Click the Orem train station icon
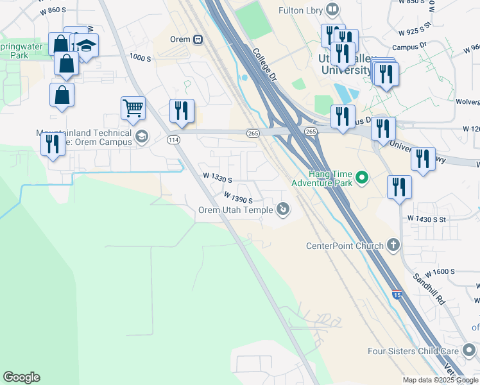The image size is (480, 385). [198, 39]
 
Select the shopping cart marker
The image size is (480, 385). [133, 109]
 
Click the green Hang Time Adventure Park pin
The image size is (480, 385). [362, 176]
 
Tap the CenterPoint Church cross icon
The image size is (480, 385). [394, 245]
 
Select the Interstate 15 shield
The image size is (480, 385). [397, 295]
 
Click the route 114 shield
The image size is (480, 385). [173, 139]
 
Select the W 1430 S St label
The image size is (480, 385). [436, 219]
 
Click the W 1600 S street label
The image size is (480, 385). [439, 271]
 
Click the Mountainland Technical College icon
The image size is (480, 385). [142, 135]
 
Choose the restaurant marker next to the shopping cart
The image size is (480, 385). [182, 110]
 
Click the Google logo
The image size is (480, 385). [21, 377]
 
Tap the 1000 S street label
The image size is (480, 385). [139, 58]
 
